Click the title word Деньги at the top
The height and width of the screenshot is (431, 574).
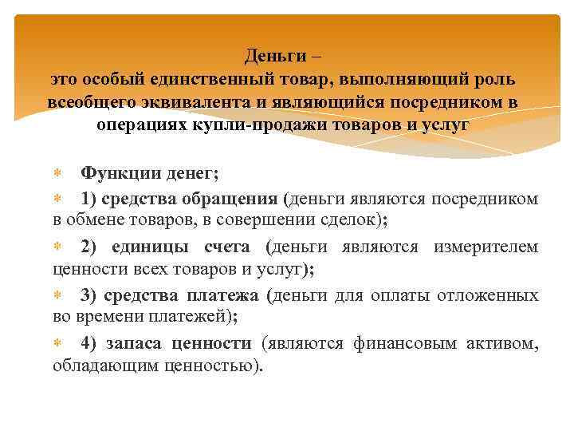click(269, 57)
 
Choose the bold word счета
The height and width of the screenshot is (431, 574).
click(225, 247)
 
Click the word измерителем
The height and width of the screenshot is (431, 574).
click(486, 247)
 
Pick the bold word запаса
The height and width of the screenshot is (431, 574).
click(133, 344)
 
